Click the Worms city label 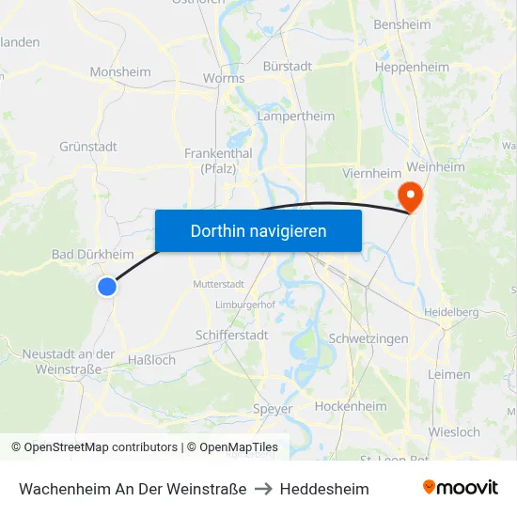click(223, 78)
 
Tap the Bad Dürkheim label click(92, 255)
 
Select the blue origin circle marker click(107, 287)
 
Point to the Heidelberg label click(452, 311)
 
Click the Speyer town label click(273, 409)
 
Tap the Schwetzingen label click(368, 338)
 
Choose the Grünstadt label click(88, 147)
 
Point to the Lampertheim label click(296, 117)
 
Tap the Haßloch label click(151, 360)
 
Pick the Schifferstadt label click(232, 335)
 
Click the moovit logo click(461, 488)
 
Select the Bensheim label click(402, 25)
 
